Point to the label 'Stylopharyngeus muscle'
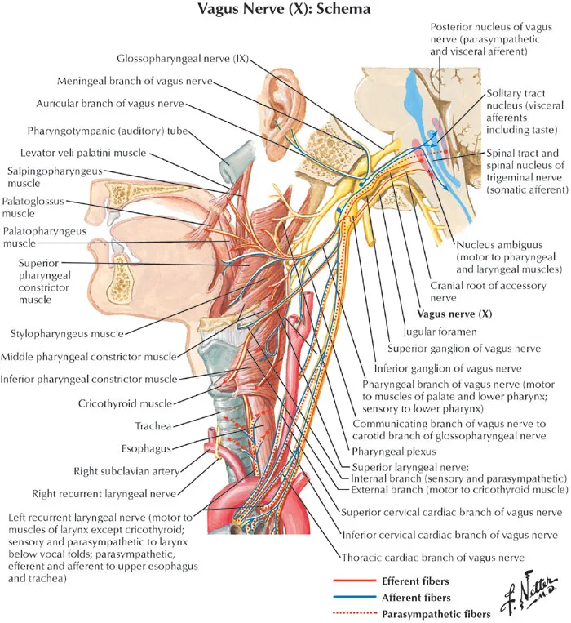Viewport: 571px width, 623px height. (68, 334)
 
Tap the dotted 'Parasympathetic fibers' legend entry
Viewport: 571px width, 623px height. (435, 613)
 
